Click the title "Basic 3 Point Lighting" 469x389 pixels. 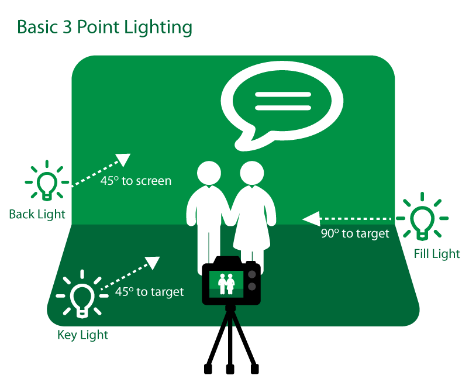(x=105, y=27)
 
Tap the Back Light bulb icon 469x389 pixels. (x=47, y=182)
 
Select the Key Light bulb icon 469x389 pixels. (x=82, y=295)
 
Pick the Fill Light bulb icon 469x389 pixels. (x=422, y=219)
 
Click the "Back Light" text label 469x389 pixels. (x=37, y=214)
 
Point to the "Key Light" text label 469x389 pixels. (x=82, y=335)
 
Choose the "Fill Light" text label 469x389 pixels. (x=437, y=254)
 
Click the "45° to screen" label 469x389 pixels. (x=136, y=181)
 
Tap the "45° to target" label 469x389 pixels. (x=149, y=291)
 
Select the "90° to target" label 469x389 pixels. (x=355, y=233)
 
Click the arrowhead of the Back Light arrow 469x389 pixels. (x=123, y=159)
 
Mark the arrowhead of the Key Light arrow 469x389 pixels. (x=153, y=263)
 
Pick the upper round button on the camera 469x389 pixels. (x=251, y=274)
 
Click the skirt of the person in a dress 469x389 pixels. (x=252, y=234)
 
